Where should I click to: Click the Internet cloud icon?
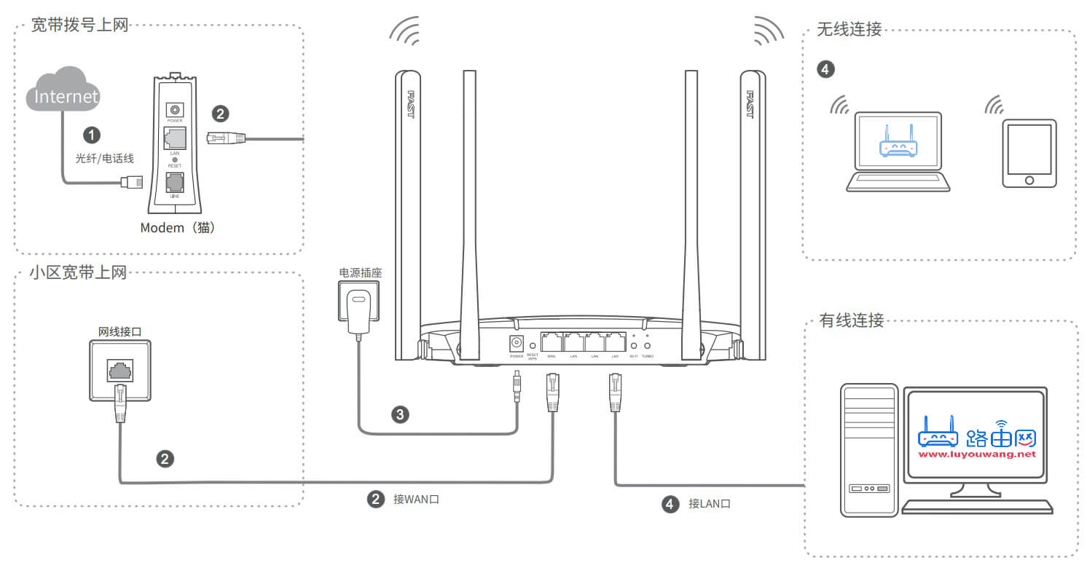pyautogui.click(x=63, y=89)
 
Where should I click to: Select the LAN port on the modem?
pyautogui.click(x=175, y=137)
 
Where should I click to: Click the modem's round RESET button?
pyautogui.click(x=175, y=159)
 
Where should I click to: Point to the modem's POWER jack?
pyautogui.click(x=175, y=109)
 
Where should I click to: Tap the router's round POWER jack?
pyautogui.click(x=517, y=343)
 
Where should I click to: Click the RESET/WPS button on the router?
pyautogui.click(x=533, y=345)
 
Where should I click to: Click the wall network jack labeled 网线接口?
pyautogui.click(x=120, y=370)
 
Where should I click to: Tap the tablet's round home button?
pyautogui.click(x=1029, y=179)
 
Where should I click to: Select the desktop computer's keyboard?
pyautogui.click(x=976, y=507)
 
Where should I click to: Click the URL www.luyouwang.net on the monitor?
pyautogui.click(x=976, y=454)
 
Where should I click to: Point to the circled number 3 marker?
pyautogui.click(x=400, y=415)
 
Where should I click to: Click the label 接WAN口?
pyautogui.click(x=416, y=500)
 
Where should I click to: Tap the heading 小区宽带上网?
pyautogui.click(x=78, y=273)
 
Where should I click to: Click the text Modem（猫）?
pyautogui.click(x=178, y=228)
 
